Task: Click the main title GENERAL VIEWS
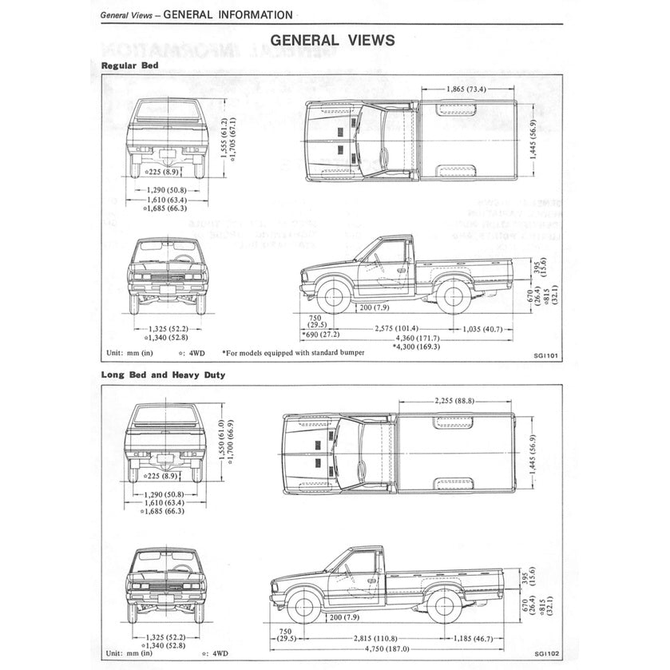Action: [332, 39]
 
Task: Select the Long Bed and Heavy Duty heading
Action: [163, 374]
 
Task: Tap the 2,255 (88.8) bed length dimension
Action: [455, 400]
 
